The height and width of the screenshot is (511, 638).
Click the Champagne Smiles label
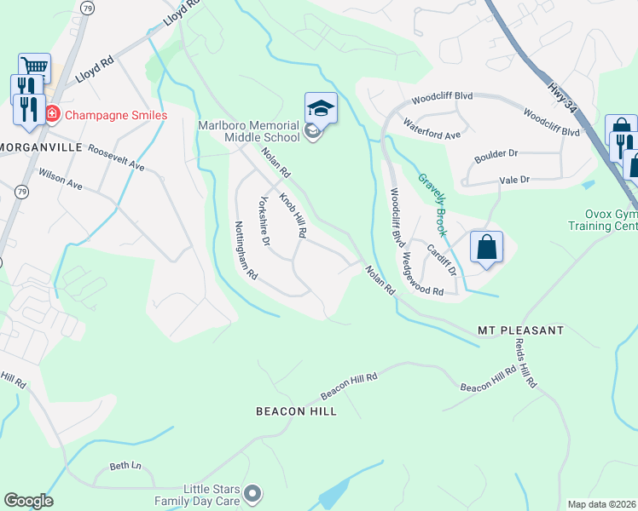click(x=116, y=114)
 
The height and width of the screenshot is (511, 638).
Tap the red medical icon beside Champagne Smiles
click(x=52, y=114)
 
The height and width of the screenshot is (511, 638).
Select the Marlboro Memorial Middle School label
click(x=248, y=130)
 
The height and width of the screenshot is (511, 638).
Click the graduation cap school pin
click(x=321, y=108)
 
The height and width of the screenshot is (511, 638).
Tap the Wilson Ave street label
click(x=60, y=179)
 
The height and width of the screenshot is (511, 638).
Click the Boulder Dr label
click(x=496, y=154)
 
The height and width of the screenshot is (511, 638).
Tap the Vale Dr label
click(x=514, y=180)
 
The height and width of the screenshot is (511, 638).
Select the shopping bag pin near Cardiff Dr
click(x=486, y=248)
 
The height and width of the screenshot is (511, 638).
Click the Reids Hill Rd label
click(x=525, y=364)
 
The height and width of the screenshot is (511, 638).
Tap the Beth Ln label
click(x=125, y=465)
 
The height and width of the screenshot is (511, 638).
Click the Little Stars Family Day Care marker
click(x=252, y=493)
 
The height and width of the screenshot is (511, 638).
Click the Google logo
click(x=28, y=501)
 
